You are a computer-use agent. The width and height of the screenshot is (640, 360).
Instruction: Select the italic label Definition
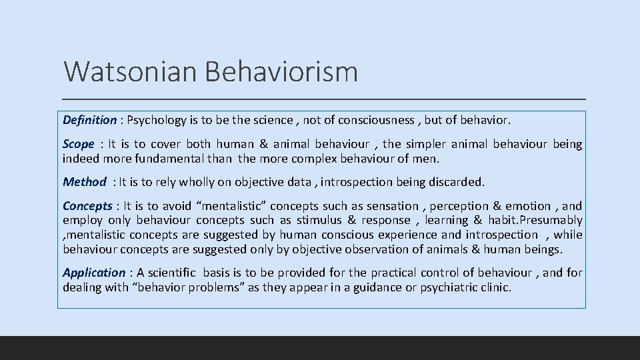[x=89, y=120]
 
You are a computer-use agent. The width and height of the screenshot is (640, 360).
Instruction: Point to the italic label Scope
[x=79, y=144]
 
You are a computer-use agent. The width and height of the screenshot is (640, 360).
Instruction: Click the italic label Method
[x=85, y=181]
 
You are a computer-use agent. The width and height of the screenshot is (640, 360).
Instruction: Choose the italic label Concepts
[x=87, y=206]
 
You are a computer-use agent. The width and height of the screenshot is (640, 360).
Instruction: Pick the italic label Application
[x=94, y=272]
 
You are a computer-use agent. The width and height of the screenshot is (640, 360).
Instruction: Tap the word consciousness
[x=376, y=120]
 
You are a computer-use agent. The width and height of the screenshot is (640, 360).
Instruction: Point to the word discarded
[x=460, y=181]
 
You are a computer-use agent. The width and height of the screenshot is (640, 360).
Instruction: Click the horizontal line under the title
[x=325, y=99]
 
